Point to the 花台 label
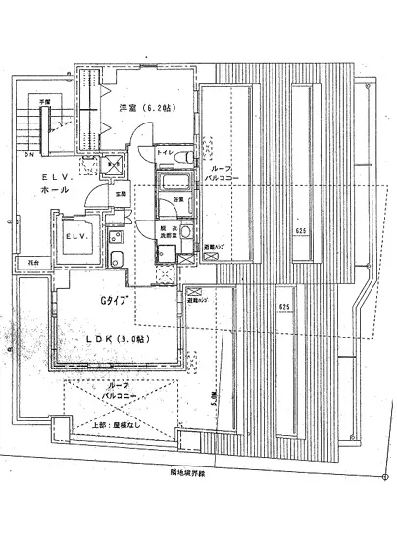point(32,263)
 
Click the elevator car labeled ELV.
point(74,236)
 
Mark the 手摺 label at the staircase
point(44,101)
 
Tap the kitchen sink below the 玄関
point(116,258)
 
